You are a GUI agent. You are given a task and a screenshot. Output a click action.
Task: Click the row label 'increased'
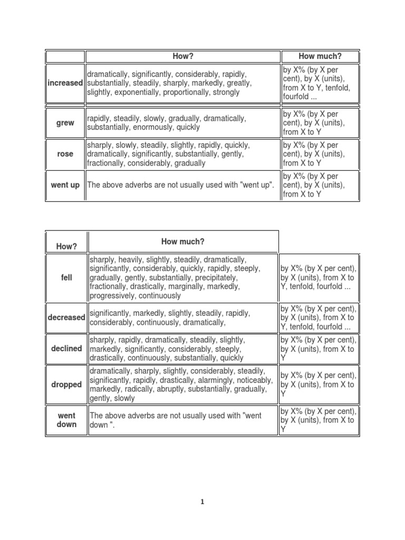(65, 83)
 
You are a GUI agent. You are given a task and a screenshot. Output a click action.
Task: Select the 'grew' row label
(65, 123)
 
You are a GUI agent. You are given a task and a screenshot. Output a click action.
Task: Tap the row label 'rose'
(65, 154)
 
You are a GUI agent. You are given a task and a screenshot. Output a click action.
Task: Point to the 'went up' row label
(65, 185)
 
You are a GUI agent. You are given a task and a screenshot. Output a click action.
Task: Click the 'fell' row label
(66, 277)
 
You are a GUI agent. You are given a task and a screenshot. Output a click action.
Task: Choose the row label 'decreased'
(66, 317)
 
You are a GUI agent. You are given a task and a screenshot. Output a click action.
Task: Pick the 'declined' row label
(66, 349)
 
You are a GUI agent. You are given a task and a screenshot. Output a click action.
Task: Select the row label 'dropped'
(66, 384)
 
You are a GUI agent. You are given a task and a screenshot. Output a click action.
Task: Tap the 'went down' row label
(66, 420)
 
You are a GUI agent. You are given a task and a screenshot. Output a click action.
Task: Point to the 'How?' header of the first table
(183, 56)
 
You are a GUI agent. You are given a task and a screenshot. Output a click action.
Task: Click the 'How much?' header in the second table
(183, 242)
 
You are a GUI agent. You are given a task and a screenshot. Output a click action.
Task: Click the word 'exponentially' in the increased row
(137, 92)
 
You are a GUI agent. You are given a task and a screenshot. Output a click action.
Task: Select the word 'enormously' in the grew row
(162, 128)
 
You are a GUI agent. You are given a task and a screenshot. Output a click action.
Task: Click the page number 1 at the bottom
(202, 502)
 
